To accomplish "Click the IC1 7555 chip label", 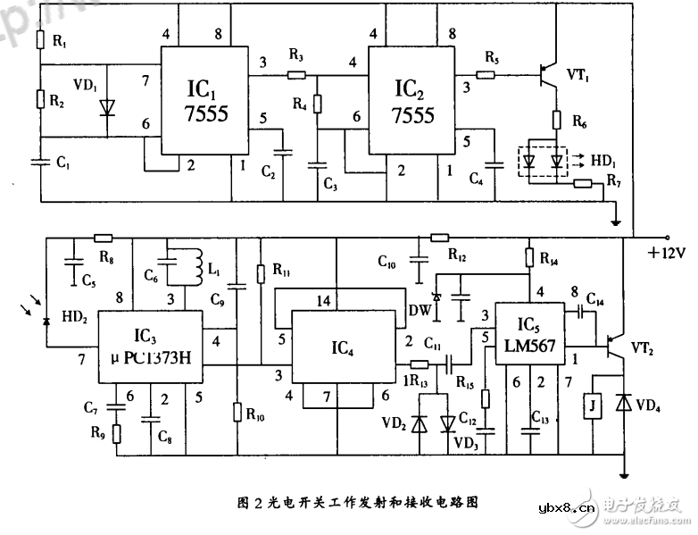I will pos(207,102).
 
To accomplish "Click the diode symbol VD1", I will pos(107,107).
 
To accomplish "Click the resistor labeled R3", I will pos(296,75).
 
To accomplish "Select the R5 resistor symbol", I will pos(486,75).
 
